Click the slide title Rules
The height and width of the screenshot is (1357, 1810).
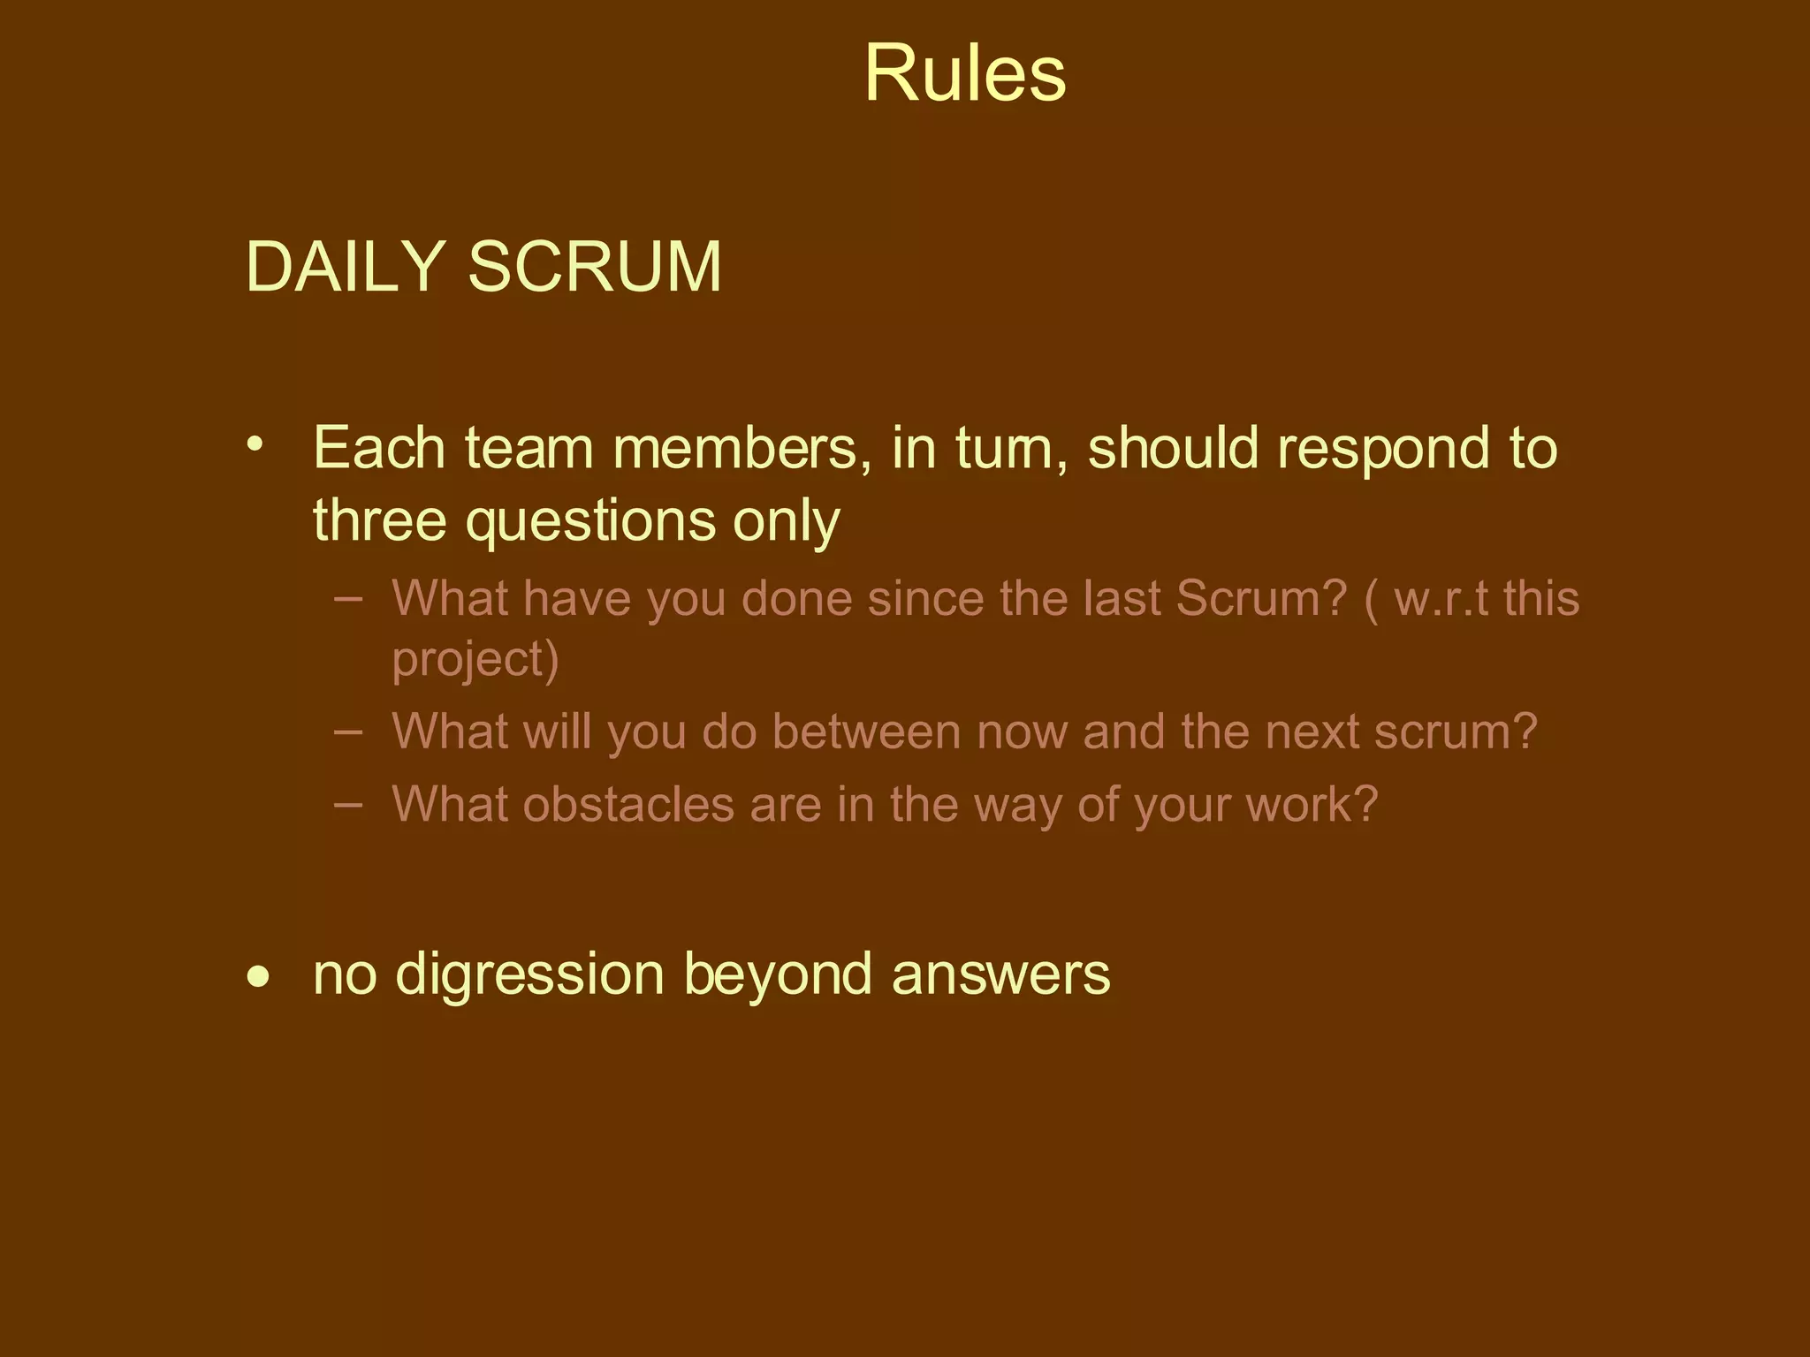(x=964, y=73)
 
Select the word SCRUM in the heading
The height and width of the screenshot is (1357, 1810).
(x=594, y=266)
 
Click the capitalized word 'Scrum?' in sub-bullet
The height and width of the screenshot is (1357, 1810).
(x=1262, y=598)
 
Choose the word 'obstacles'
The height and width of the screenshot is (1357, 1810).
(x=628, y=805)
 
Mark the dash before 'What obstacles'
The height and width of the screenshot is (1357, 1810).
(x=349, y=804)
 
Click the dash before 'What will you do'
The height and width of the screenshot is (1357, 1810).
(x=349, y=732)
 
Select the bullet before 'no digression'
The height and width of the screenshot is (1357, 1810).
(x=258, y=977)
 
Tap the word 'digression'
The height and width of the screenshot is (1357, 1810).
(x=529, y=975)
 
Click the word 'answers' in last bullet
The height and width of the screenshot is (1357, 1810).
(x=1000, y=975)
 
